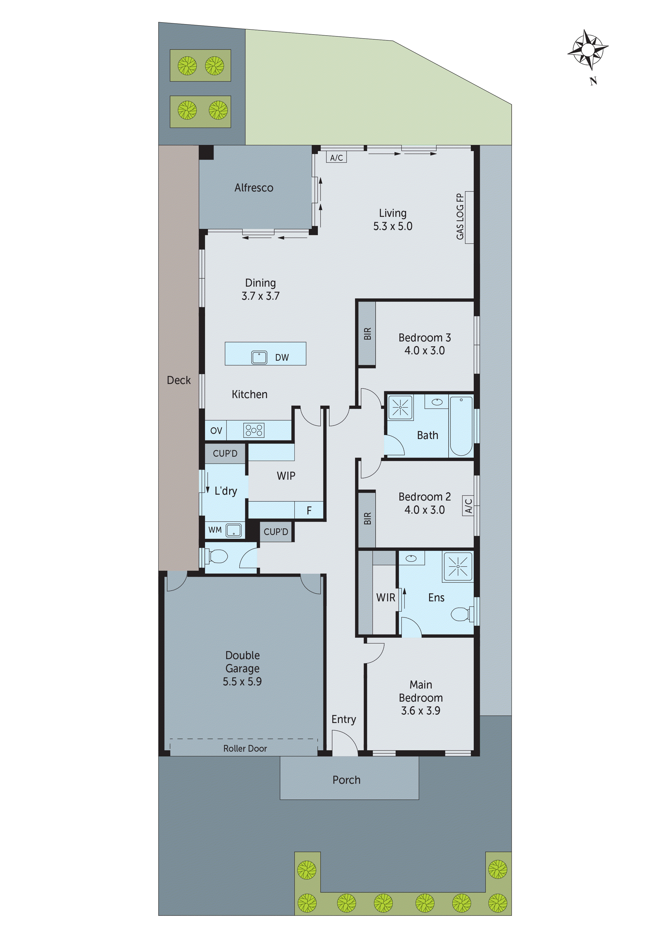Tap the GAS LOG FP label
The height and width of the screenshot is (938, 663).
point(460,217)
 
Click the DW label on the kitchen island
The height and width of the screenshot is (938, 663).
point(282,357)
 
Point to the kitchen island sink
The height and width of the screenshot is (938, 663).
point(259,357)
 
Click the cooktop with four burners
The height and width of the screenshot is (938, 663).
point(254,430)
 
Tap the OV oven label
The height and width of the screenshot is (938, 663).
point(216,430)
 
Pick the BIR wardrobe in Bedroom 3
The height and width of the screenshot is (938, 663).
point(367,333)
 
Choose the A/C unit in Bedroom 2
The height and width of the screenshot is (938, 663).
point(468,506)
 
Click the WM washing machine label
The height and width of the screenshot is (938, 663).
point(215,530)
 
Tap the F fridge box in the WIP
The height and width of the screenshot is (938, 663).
point(309,510)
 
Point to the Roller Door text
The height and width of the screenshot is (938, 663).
point(245,748)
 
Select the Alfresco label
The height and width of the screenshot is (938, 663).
point(254,188)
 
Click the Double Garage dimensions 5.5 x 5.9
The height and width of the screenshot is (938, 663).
point(242,681)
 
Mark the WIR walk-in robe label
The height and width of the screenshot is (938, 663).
point(385,597)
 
